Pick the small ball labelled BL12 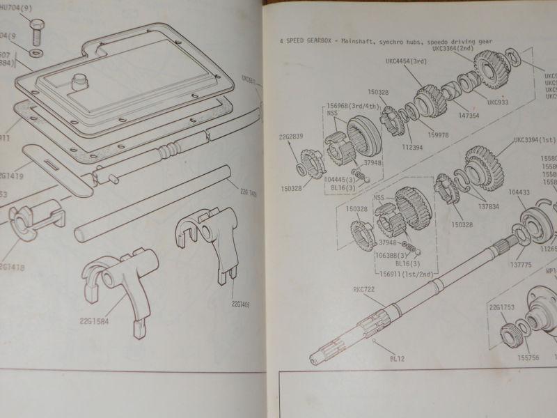pos(375,341)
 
